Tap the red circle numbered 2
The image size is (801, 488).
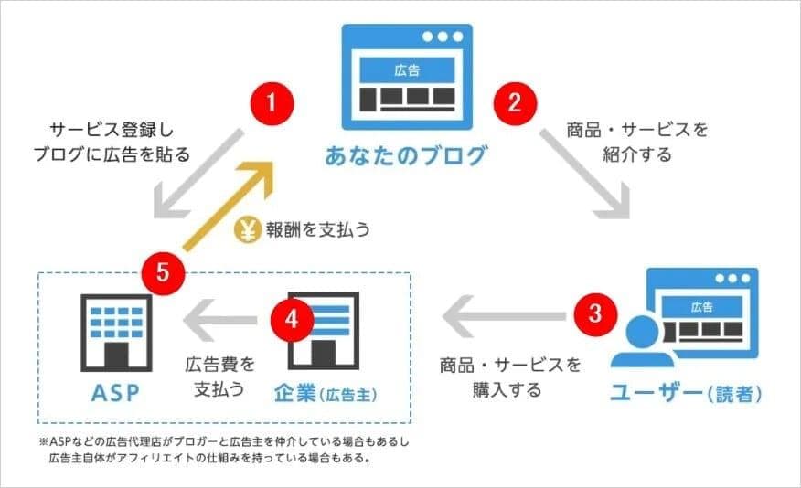(515, 101)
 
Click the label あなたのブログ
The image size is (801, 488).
(406, 155)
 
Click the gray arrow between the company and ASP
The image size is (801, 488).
(219, 318)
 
